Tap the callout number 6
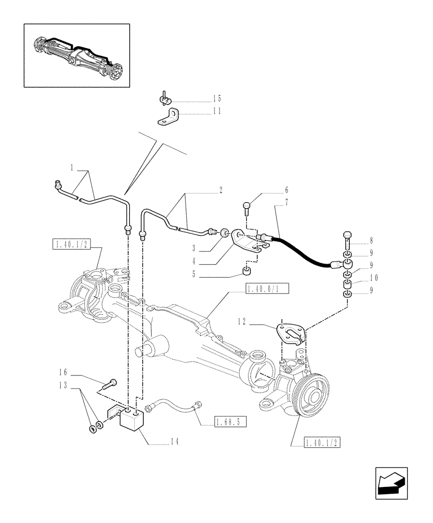tap(286, 190)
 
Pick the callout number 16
tap(63, 372)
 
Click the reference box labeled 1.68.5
tap(230, 421)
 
